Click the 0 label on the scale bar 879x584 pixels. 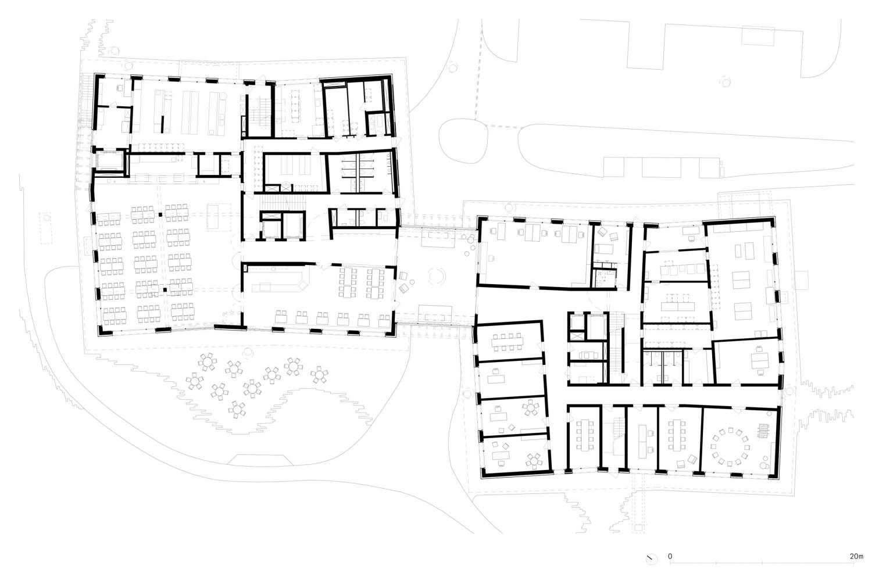[670, 556]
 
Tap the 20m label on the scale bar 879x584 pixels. [857, 556]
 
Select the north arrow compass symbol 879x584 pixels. [651, 558]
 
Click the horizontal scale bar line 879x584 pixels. [762, 563]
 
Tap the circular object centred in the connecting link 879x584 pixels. [437, 275]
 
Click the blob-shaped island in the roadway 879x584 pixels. [463, 141]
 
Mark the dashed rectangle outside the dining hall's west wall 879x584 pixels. [45, 228]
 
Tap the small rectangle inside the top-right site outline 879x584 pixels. [757, 36]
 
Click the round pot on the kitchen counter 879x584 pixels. [223, 95]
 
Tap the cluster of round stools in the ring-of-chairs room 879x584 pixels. [764, 463]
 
